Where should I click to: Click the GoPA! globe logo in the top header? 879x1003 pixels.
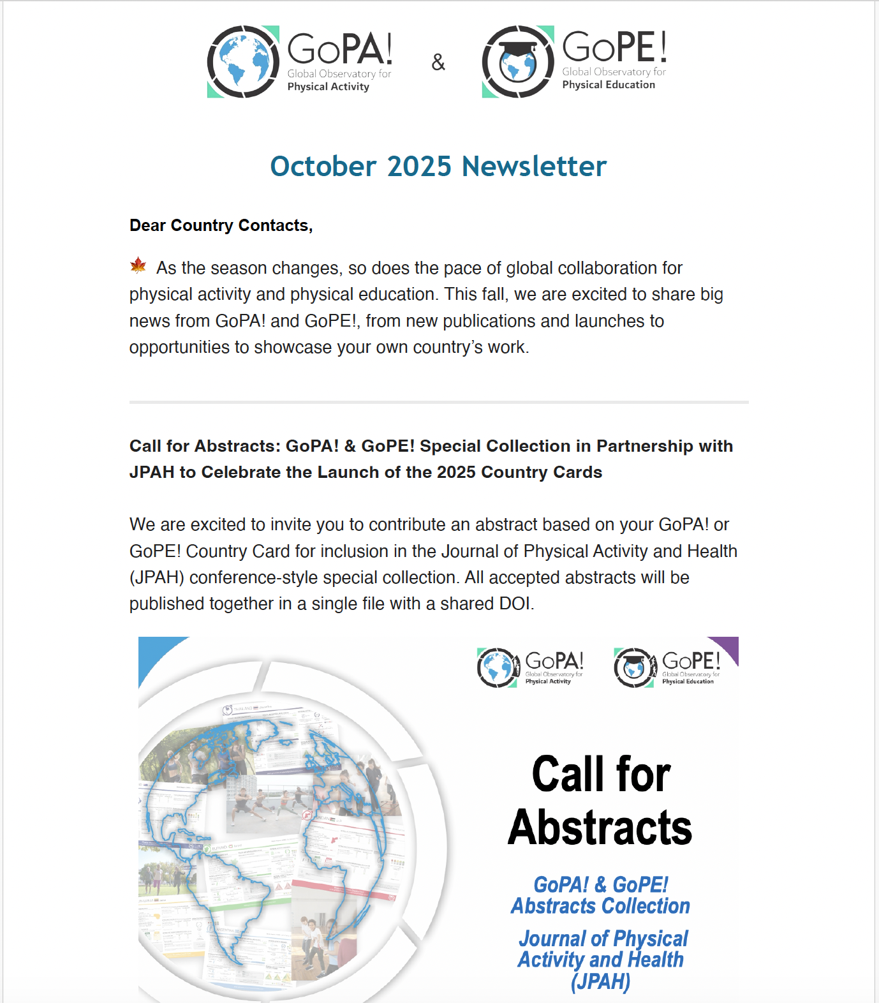coord(243,62)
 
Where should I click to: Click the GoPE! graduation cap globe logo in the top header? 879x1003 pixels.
coord(517,62)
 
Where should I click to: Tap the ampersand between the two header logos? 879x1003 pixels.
coord(438,63)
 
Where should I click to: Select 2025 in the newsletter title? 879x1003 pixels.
coord(419,167)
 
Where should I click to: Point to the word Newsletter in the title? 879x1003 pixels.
coord(534,167)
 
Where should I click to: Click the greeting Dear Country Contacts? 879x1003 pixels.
coord(221,225)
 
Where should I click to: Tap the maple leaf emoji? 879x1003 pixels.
coord(138,265)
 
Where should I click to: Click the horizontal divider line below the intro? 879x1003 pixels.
coord(439,403)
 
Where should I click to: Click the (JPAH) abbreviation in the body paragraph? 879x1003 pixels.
coord(157,577)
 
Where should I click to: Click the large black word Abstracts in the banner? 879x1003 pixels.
coord(600,828)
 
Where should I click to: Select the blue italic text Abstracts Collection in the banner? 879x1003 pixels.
coord(600,906)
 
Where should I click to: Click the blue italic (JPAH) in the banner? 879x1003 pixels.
coord(600,981)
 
